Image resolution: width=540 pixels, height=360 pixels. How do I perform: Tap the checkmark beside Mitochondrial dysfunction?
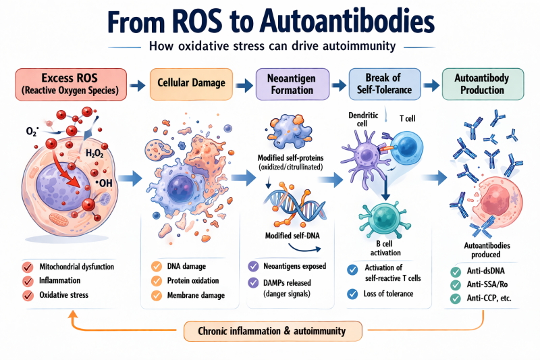tap(28, 266)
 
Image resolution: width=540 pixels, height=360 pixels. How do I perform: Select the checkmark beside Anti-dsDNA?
tap(456, 272)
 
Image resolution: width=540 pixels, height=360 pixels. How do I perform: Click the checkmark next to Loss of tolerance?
tap(352, 293)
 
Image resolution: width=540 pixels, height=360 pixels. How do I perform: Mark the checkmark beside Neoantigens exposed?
tap(253, 266)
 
